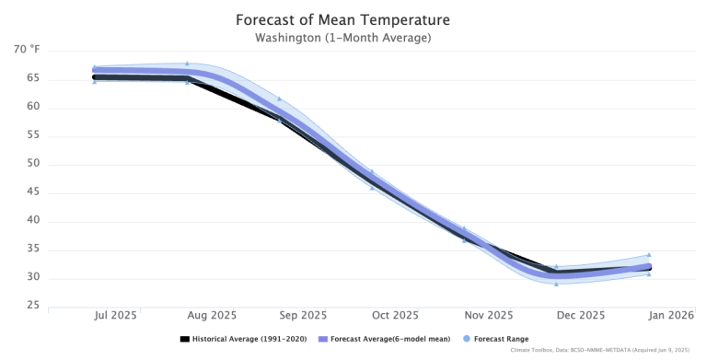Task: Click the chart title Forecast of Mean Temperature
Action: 342,19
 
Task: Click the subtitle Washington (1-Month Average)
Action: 342,38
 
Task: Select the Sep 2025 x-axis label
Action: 302,315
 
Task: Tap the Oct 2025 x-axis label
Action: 395,315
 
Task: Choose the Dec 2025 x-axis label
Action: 580,315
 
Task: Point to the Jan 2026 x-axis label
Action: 671,315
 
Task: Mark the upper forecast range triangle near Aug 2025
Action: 188,64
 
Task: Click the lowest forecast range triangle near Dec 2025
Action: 556,284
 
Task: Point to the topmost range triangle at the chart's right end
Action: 648,255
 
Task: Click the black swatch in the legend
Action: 184,339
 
